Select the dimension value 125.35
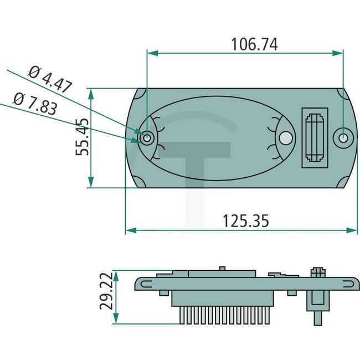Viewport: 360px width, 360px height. click(245, 221)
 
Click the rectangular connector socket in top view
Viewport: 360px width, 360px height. click(315, 137)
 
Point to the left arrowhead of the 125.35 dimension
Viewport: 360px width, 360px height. click(130, 230)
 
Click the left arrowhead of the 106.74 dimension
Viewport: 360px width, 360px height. click(151, 53)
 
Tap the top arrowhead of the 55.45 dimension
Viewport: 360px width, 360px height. click(91, 92)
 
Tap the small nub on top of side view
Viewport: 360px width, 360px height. click(222, 269)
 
